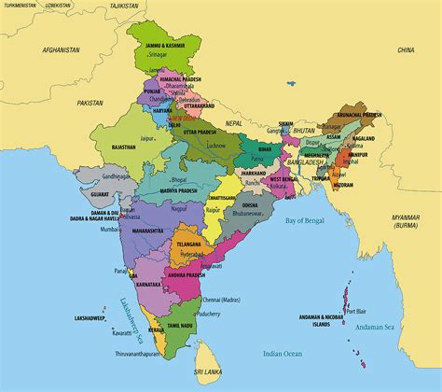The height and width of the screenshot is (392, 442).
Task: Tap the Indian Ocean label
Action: (283, 354)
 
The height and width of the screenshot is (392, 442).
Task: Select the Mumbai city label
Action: (109, 228)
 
